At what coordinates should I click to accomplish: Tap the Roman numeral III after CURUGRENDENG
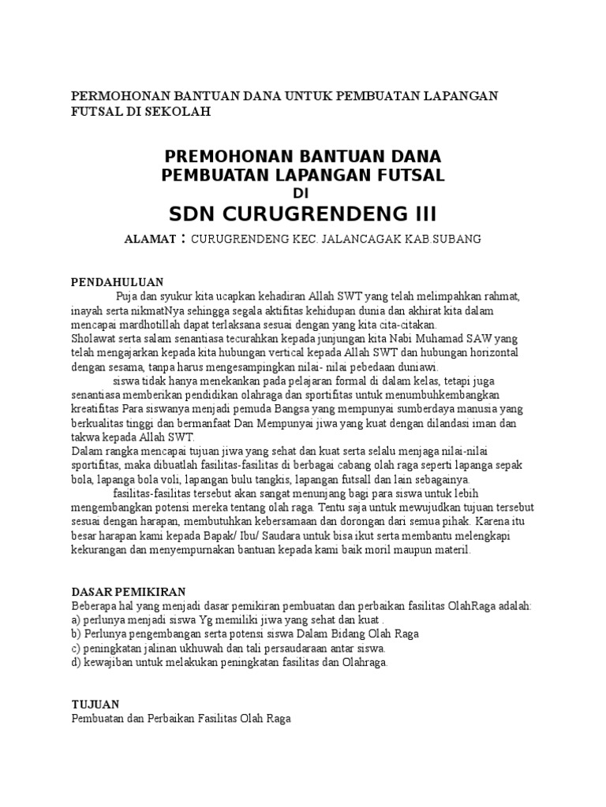click(x=416, y=214)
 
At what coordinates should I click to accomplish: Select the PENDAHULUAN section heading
click(x=117, y=281)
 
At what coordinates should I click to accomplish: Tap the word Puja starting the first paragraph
click(x=127, y=296)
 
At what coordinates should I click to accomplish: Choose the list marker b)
click(x=77, y=634)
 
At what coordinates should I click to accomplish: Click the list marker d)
click(x=77, y=663)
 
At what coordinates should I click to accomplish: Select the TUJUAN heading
click(x=95, y=705)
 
